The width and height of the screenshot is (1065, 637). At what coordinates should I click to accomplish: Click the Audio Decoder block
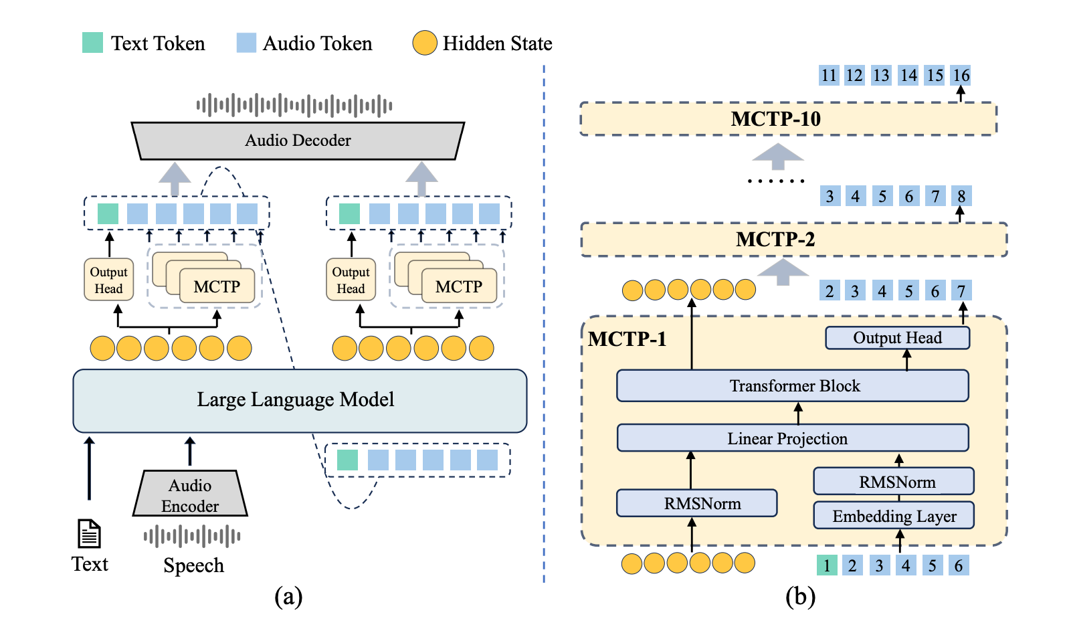[298, 141]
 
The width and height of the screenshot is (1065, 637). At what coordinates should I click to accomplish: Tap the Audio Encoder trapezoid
[190, 495]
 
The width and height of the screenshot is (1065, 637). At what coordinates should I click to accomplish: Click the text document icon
[89, 533]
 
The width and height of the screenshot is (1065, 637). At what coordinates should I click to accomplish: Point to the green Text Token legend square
[92, 43]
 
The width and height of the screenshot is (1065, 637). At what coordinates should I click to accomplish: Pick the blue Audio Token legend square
[246, 43]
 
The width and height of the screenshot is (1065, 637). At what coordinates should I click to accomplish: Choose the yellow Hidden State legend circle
[425, 43]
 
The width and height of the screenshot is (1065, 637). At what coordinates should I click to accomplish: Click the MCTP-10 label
[775, 119]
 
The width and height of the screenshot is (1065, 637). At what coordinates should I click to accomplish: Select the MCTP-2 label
[775, 240]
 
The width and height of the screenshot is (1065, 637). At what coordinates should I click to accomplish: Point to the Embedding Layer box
[894, 516]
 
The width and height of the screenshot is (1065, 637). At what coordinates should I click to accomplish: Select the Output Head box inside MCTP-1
[897, 338]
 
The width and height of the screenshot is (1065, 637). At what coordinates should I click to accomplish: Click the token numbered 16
[961, 76]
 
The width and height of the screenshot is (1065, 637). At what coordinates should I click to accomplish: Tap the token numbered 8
[961, 196]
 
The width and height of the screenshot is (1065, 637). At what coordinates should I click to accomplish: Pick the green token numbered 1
[827, 565]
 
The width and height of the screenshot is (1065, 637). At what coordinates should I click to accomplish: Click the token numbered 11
[829, 76]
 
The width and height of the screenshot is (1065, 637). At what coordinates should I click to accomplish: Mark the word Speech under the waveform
[193, 565]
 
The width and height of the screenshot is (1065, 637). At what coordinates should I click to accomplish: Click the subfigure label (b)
[800, 596]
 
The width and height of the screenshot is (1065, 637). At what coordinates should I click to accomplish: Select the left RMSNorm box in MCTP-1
[696, 503]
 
